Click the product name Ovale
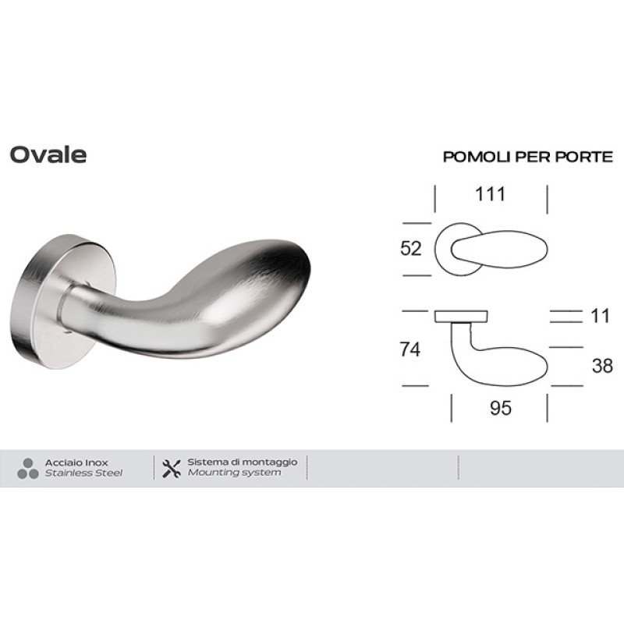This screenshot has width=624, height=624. point(48,154)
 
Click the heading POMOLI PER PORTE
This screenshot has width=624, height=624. point(528,157)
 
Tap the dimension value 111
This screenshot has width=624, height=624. point(491,193)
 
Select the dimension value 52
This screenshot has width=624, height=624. point(410,249)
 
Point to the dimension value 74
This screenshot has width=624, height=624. point(409,350)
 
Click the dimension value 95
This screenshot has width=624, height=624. point(499,408)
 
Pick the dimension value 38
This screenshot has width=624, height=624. point(602,366)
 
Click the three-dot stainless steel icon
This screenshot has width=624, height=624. point(27,468)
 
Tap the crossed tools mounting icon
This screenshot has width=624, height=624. point(172,468)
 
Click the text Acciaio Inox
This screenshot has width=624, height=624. point(76,463)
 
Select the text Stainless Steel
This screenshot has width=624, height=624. point(83,473)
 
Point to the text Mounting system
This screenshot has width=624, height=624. point(234,473)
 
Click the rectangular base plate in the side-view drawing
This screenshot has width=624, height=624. point(460,316)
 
